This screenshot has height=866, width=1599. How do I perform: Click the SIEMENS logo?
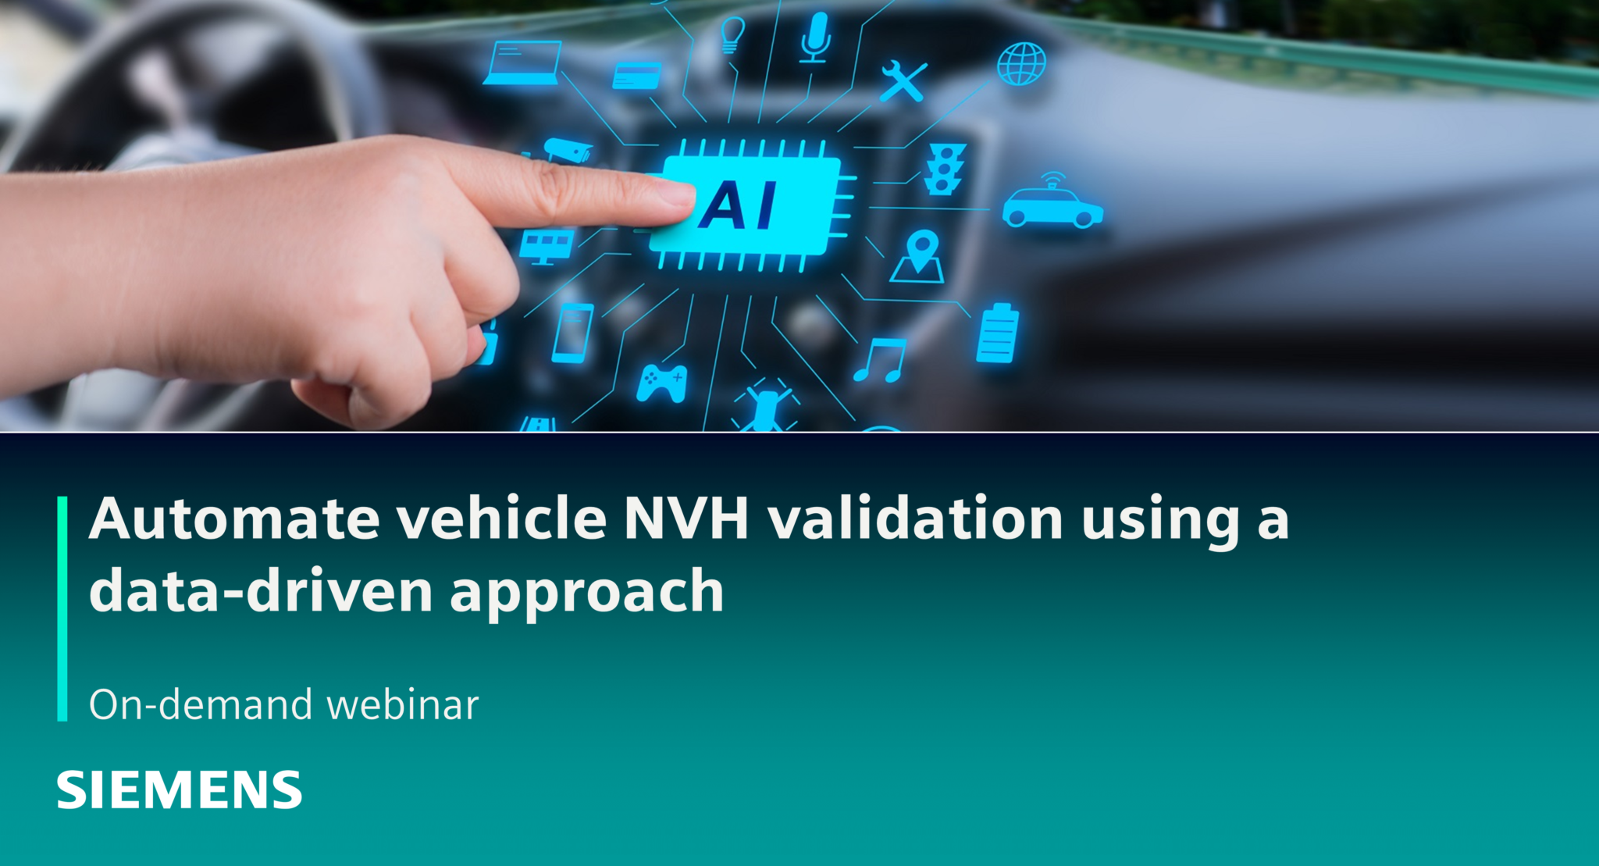click(x=179, y=789)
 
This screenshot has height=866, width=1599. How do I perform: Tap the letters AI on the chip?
click(x=738, y=205)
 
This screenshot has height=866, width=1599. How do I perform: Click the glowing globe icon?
click(x=1021, y=64)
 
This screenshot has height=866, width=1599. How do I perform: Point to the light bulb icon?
click(x=732, y=34)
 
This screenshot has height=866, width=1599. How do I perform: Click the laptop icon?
click(x=522, y=62)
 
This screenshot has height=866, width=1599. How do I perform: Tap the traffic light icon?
click(x=945, y=169)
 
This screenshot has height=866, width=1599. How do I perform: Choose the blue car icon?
click(x=1052, y=207)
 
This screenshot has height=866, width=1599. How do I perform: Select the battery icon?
click(x=997, y=333)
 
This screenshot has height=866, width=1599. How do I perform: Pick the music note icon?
click(x=881, y=359)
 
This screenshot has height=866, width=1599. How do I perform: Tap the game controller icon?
click(x=662, y=383)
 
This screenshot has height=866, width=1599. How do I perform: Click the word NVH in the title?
click(x=686, y=519)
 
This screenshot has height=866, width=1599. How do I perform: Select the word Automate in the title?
click(x=234, y=519)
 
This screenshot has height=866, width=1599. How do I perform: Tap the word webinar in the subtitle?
click(x=402, y=704)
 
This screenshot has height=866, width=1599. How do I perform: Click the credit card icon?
click(x=636, y=76)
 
